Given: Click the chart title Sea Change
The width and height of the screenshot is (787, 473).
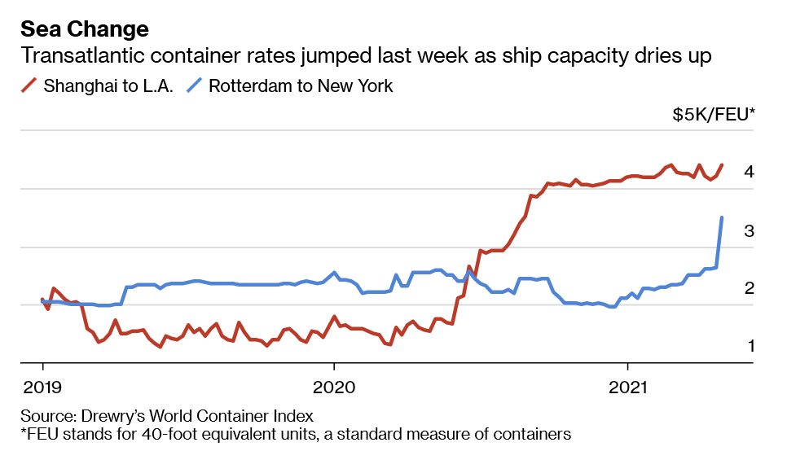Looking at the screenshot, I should click(85, 30).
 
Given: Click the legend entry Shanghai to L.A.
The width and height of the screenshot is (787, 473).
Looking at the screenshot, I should click(108, 85).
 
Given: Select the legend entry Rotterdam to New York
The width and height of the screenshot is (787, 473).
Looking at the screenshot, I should click(301, 85).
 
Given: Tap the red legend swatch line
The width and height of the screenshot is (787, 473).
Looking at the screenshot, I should click(30, 85).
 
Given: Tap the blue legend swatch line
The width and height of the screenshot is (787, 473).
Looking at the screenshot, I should click(194, 85).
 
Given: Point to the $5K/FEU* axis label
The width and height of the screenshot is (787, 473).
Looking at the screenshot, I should click(713, 115).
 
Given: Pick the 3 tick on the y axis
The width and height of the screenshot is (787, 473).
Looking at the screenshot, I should click(748, 231).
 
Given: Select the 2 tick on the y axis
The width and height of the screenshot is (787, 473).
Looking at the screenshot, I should click(748, 289).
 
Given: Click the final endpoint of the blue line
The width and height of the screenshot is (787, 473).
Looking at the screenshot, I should click(722, 217).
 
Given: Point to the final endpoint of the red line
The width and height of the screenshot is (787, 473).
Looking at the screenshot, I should click(722, 165).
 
